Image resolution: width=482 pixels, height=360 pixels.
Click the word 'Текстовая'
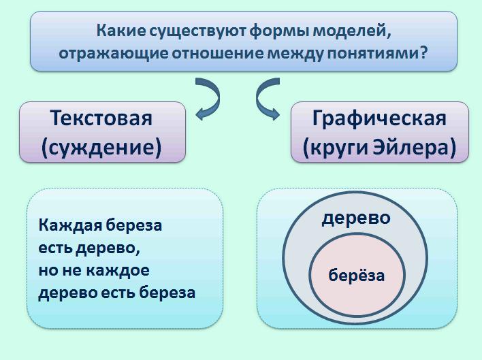pyautogui.click(x=101, y=118)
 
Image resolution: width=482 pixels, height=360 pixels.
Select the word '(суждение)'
pyautogui.click(x=101, y=148)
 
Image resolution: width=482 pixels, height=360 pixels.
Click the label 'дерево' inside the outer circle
pyautogui.click(x=356, y=218)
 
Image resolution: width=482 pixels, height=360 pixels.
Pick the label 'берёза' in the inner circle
pyautogui.click(x=356, y=275)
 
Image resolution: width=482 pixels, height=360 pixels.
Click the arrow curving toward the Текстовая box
pyautogui.click(x=210, y=99)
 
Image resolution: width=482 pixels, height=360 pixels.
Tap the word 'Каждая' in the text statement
pyautogui.click(x=70, y=226)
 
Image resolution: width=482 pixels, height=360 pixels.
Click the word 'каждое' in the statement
pyautogui.click(x=118, y=271)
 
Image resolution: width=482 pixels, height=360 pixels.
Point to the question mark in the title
pyautogui.click(x=423, y=52)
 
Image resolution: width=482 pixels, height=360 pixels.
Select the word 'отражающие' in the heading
pyautogui.click(x=114, y=54)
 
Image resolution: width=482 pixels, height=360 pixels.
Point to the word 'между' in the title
pyautogui.click(x=295, y=54)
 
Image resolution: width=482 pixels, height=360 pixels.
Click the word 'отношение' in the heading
pyautogui.click(x=217, y=54)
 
